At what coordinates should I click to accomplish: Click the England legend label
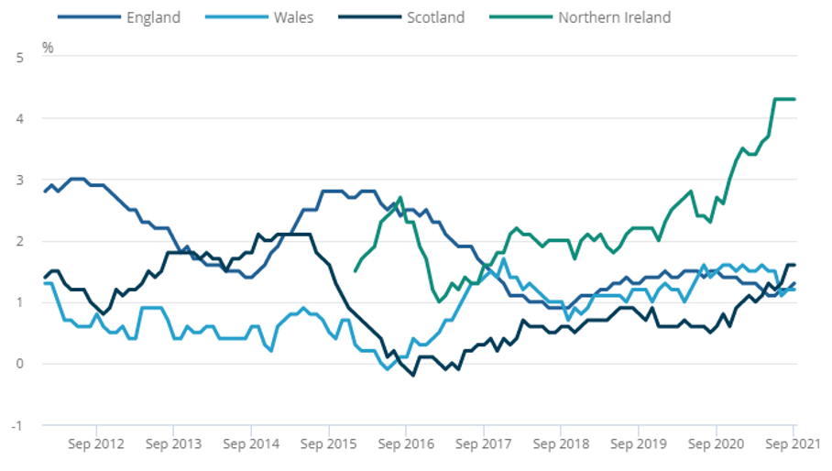click(x=154, y=17)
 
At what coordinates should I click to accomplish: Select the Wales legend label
click(x=292, y=17)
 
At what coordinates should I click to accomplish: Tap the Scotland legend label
click(x=435, y=17)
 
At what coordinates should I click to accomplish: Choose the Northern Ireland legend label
click(x=614, y=17)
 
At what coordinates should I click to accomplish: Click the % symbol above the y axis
click(x=48, y=47)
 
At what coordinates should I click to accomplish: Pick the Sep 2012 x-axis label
click(x=96, y=444)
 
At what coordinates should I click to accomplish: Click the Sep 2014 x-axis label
click(x=251, y=444)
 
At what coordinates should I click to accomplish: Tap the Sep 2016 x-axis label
click(x=406, y=444)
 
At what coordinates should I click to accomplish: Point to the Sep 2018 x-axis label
click(x=561, y=444)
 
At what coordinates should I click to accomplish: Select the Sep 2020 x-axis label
click(x=716, y=444)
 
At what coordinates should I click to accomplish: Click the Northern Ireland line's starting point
click(x=356, y=270)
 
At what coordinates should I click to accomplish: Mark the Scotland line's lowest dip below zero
click(x=412, y=375)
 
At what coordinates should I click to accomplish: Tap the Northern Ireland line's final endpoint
click(x=794, y=99)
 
